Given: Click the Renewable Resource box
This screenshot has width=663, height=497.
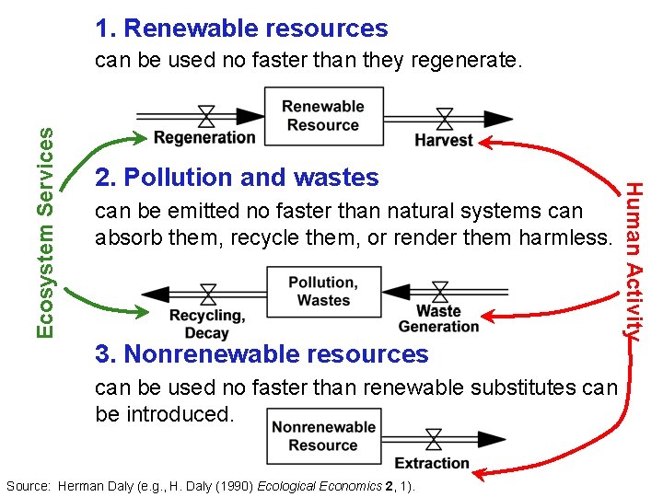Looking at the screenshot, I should pyautogui.click(x=323, y=116).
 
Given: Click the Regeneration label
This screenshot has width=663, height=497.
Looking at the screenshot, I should pyautogui.click(x=204, y=138).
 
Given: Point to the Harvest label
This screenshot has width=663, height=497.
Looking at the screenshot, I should pyautogui.click(x=444, y=140).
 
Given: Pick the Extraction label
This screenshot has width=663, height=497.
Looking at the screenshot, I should pyautogui.click(x=432, y=462).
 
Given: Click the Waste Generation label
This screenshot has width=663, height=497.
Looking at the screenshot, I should pyautogui.click(x=438, y=318).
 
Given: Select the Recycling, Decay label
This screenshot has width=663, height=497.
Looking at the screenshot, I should pyautogui.click(x=206, y=324).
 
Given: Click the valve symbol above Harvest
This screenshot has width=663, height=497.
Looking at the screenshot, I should pyautogui.click(x=445, y=118).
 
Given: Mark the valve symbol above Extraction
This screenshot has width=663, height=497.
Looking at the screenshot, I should pyautogui.click(x=433, y=439).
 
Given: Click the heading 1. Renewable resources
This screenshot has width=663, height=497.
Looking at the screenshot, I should pyautogui.click(x=241, y=29).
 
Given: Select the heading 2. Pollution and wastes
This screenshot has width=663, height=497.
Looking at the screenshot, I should pyautogui.click(x=237, y=177).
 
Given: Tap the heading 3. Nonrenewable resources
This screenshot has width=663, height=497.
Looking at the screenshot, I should pyautogui.click(x=262, y=353).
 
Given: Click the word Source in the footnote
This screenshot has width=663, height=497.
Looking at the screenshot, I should pyautogui.click(x=29, y=485).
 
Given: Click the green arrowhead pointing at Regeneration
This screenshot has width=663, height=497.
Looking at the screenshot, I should pyautogui.click(x=138, y=138).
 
